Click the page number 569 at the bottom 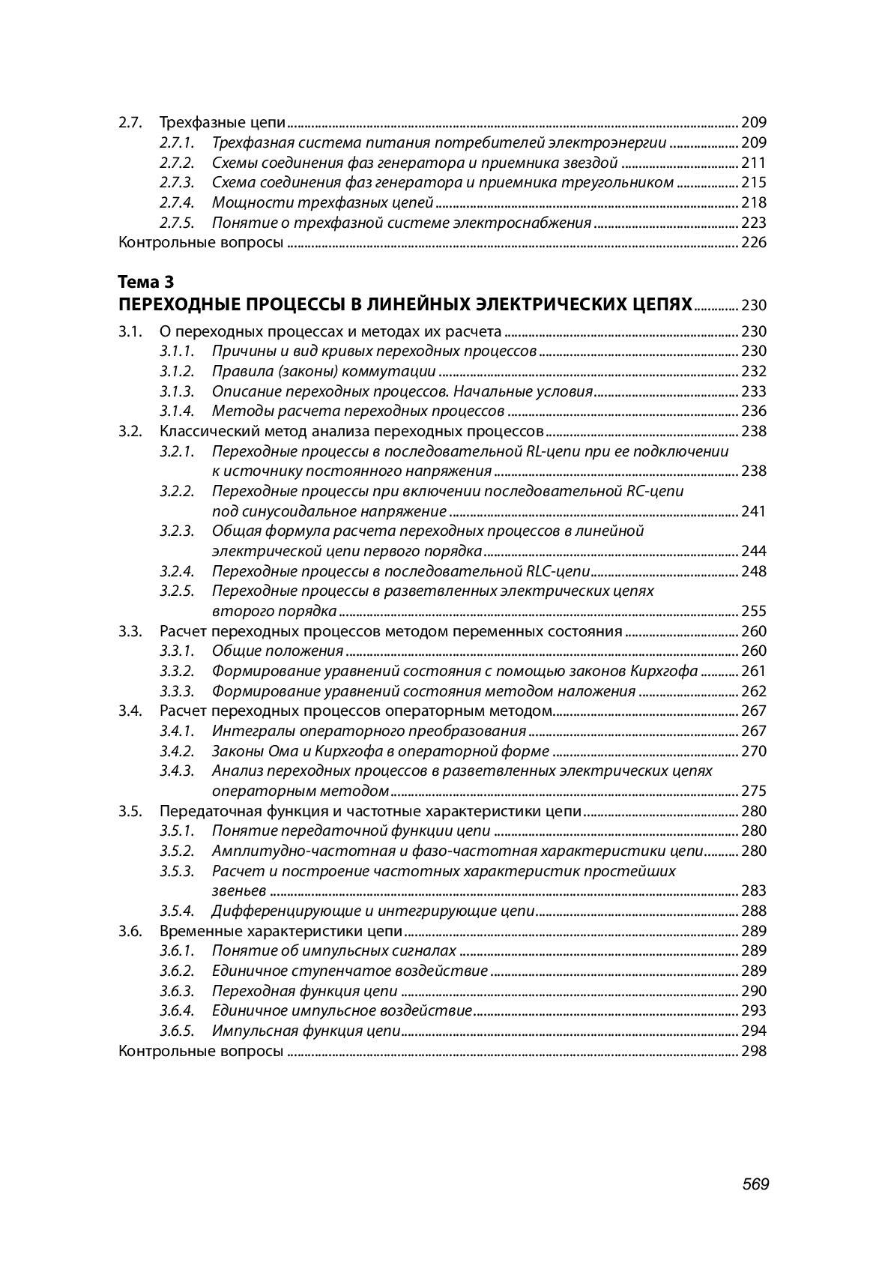click(x=755, y=1184)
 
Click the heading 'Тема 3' click(x=146, y=282)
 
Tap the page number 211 click(x=753, y=163)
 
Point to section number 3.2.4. click(x=177, y=571)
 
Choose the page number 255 click(x=753, y=611)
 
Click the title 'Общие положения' click(x=277, y=651)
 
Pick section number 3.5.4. click(x=177, y=911)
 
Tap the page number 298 click(x=753, y=1051)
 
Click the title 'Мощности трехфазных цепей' click(x=322, y=202)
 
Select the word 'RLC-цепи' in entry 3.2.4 click(x=558, y=571)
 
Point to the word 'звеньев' click(x=238, y=890)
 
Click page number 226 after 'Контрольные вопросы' click(x=753, y=242)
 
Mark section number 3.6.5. click(x=177, y=1031)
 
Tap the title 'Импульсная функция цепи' click(x=306, y=1031)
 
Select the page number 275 click(x=753, y=791)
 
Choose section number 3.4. click(x=130, y=711)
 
